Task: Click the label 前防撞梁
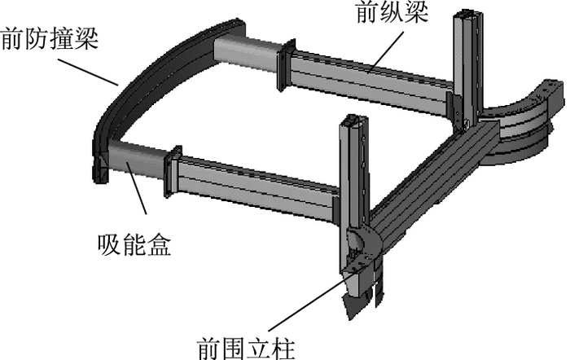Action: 50,38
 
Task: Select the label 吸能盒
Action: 132,245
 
